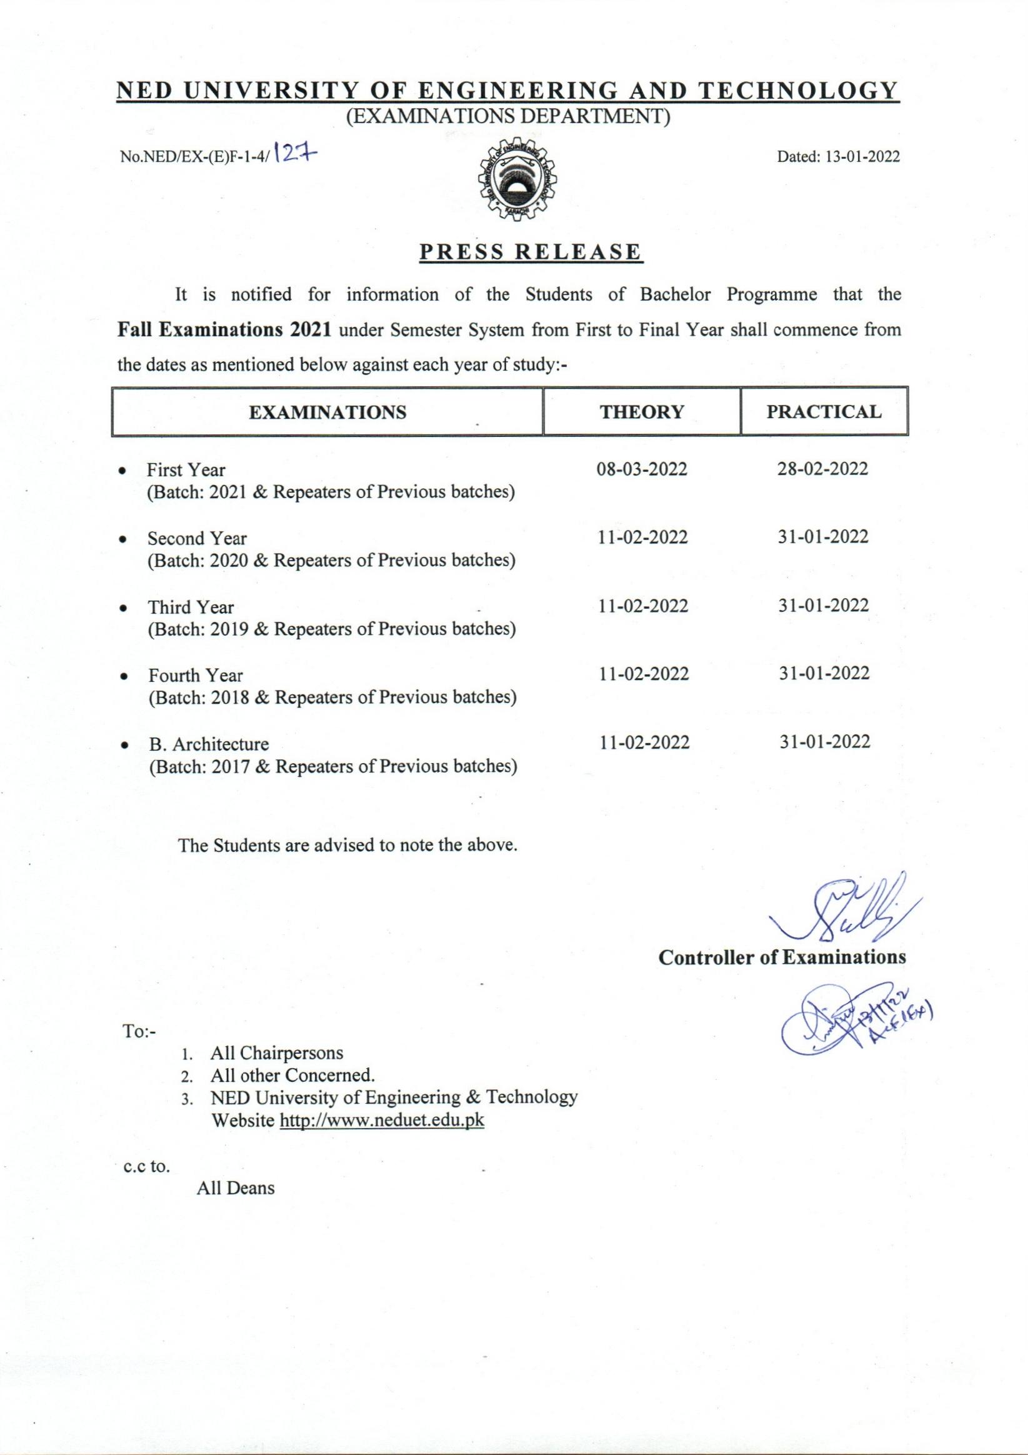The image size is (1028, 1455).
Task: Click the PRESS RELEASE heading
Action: [x=531, y=252]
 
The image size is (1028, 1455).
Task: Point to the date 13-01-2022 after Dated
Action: [x=862, y=156]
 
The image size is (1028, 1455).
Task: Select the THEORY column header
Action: [x=641, y=412]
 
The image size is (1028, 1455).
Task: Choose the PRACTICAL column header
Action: [x=823, y=412]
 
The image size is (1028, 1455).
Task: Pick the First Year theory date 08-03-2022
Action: [x=642, y=469]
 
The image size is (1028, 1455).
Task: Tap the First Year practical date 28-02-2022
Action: [x=822, y=469]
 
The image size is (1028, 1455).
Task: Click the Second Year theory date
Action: [x=642, y=537]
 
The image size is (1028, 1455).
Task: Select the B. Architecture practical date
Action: [x=824, y=741]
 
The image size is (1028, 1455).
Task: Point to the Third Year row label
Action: [x=191, y=607]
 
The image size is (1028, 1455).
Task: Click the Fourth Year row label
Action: [x=195, y=676]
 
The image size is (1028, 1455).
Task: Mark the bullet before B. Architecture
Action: [x=125, y=745]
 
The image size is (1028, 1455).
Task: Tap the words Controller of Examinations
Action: [x=782, y=957]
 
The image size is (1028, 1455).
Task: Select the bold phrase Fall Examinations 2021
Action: [x=225, y=330]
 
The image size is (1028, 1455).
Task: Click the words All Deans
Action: [x=235, y=1187]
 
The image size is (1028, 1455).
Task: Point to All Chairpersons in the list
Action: [x=276, y=1053]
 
